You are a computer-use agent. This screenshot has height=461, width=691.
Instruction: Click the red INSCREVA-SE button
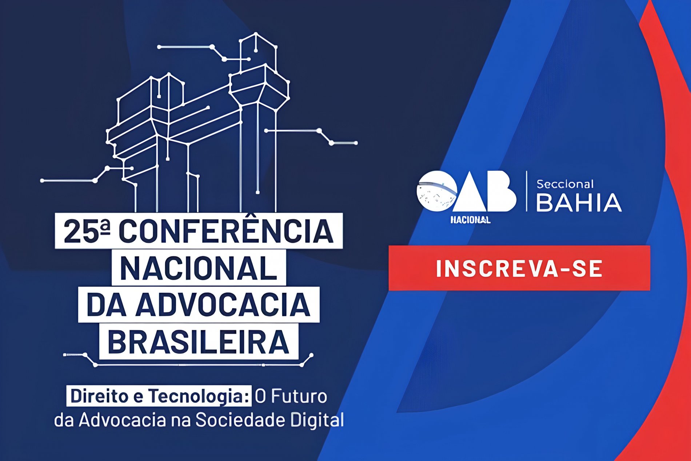point(519,268)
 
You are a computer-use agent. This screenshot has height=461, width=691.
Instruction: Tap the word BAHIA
point(579,203)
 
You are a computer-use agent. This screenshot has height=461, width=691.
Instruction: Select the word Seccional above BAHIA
point(565,184)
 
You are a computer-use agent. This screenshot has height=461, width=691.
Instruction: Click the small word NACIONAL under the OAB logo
point(470,220)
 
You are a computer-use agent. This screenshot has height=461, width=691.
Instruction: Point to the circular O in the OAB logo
point(437,191)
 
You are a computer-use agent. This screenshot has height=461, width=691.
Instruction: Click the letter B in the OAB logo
point(502,191)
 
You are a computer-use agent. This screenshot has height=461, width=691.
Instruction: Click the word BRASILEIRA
point(198,342)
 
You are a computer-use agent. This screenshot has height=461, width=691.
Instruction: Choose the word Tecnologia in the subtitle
point(199,396)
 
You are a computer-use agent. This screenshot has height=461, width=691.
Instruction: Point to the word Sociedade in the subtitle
point(240,420)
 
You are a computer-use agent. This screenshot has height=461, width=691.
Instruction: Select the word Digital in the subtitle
point(317,420)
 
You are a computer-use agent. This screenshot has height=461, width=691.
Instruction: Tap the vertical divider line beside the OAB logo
point(527,191)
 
